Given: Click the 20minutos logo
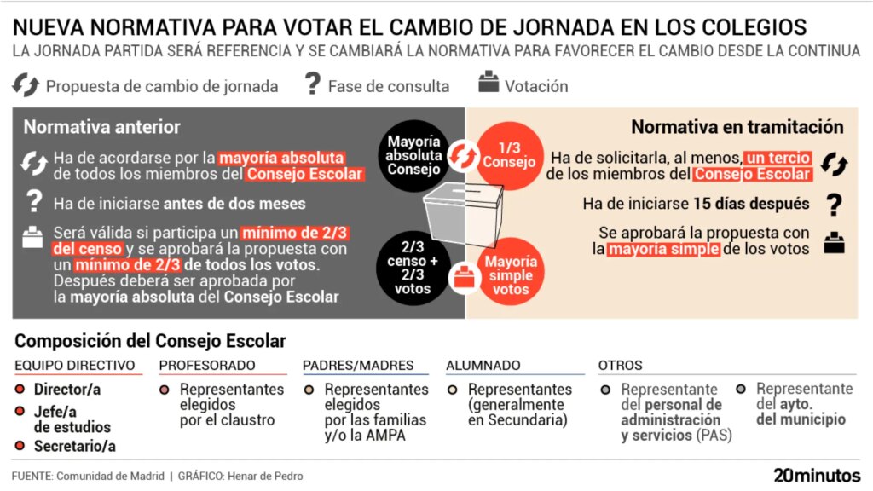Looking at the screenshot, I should point(817,475).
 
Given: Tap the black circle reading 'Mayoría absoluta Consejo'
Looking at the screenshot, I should point(413,155).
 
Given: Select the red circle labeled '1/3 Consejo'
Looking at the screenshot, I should point(510,155).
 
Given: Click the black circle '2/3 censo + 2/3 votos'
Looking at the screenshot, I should point(413,269).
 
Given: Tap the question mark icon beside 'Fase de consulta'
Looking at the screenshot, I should point(313,84).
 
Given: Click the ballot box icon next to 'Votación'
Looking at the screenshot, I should point(489,83).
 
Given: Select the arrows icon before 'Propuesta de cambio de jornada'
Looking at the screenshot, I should point(26,85).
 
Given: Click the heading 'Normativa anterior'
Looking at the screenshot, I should point(101,127).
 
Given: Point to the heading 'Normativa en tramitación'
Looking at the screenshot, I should point(737,127).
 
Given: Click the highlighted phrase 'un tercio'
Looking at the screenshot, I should point(778,158).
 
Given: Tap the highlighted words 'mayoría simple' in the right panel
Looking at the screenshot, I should point(663,249).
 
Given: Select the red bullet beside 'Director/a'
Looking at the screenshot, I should point(20,390).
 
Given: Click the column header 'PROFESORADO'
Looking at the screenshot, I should point(207,366).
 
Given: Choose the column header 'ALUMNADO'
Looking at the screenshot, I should point(483,366).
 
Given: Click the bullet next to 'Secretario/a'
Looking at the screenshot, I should point(20,446).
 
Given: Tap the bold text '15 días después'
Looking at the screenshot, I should point(751,204).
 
